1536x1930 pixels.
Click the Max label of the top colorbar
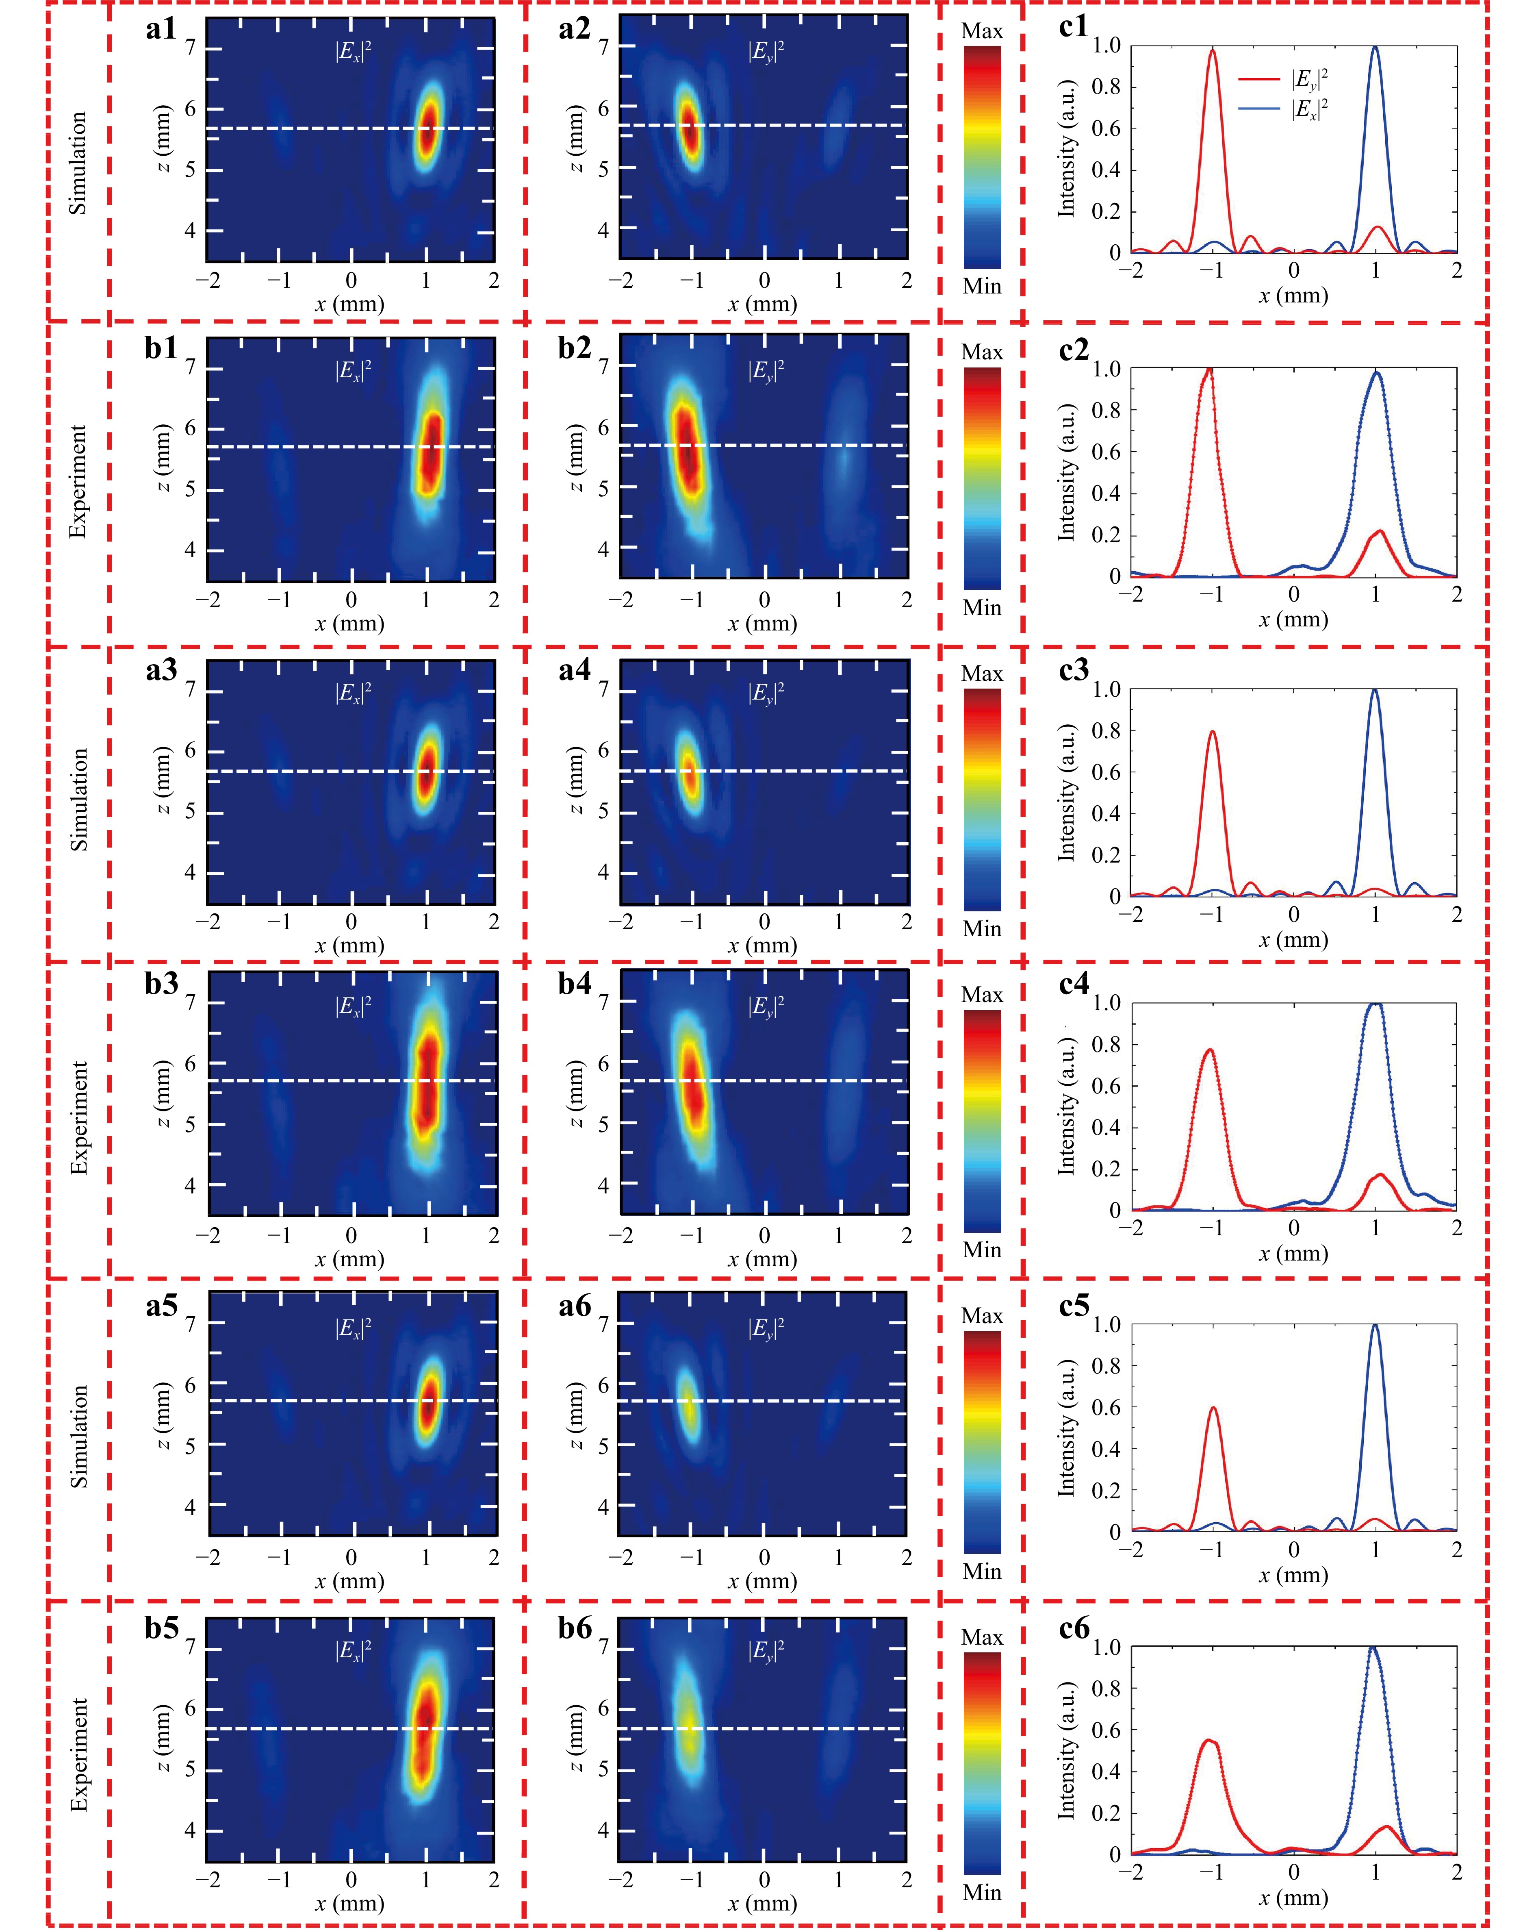pos(982,31)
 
